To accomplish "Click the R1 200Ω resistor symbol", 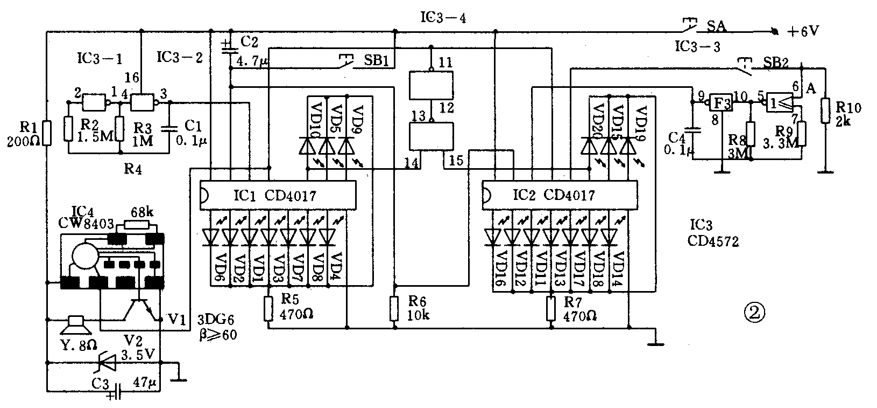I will pos(47,133).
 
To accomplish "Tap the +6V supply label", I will pos(803,31).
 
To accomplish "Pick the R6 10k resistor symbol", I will pos(395,309).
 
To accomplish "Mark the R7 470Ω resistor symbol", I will pos(550,309).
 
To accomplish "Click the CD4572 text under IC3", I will pos(713,242).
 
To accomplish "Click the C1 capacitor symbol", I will pos(171,129).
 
